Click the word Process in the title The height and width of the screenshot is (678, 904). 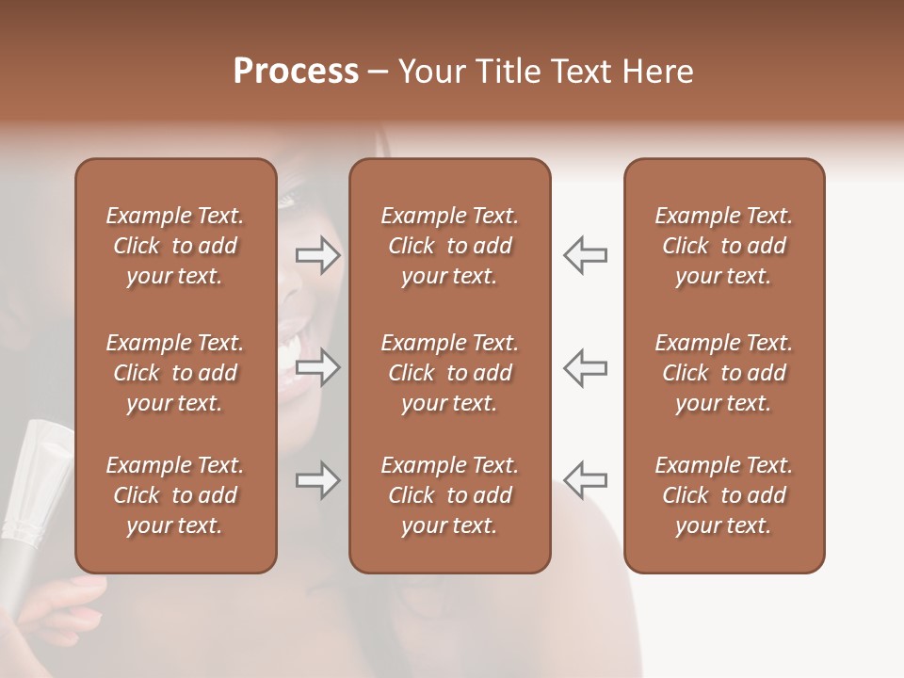tap(296, 72)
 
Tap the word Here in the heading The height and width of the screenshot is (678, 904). tap(658, 72)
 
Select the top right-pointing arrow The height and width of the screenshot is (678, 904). tap(318, 255)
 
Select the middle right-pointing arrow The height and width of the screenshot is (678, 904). tap(318, 367)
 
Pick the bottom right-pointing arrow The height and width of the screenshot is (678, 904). tap(318, 480)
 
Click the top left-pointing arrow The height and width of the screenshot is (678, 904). tap(585, 255)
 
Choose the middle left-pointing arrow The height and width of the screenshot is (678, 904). tap(585, 367)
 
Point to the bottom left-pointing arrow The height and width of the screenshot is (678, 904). tap(585, 480)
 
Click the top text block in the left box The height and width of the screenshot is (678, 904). tap(175, 246)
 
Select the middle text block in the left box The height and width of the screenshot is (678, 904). tap(175, 373)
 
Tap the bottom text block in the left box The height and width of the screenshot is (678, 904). tap(175, 495)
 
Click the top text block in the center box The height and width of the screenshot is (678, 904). tap(449, 246)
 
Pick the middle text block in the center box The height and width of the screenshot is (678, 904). tap(449, 373)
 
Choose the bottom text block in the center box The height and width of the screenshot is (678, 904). tap(449, 495)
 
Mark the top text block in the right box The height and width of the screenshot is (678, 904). tap(723, 246)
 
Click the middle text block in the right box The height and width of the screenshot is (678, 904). tap(723, 373)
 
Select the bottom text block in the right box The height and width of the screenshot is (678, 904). tap(723, 495)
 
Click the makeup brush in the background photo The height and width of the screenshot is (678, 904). tap(38, 480)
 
